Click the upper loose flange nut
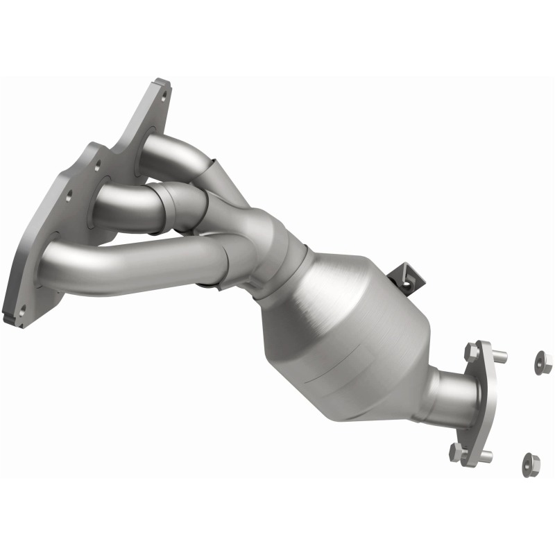tap(543, 361)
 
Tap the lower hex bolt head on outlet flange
tap(457, 452)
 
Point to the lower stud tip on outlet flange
tap(488, 456)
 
